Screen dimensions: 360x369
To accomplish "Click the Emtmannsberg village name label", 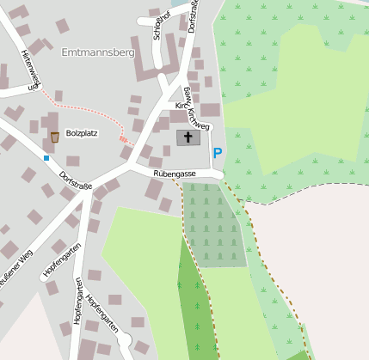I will click(x=99, y=52).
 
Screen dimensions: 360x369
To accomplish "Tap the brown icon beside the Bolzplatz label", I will click(x=54, y=137).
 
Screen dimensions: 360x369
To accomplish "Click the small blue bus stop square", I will click(x=46, y=158).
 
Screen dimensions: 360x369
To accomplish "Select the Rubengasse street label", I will click(x=175, y=174).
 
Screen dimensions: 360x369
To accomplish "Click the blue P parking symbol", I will click(x=218, y=153).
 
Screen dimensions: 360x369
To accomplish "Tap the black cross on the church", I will click(x=188, y=137).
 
